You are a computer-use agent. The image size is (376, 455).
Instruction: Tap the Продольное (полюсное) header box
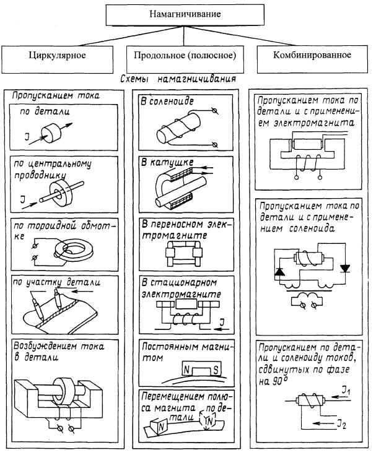(184, 56)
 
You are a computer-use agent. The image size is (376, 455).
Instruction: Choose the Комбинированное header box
(312, 56)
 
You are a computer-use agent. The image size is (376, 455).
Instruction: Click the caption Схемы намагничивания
(185, 79)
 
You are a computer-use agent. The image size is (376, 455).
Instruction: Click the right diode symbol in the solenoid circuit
(345, 268)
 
